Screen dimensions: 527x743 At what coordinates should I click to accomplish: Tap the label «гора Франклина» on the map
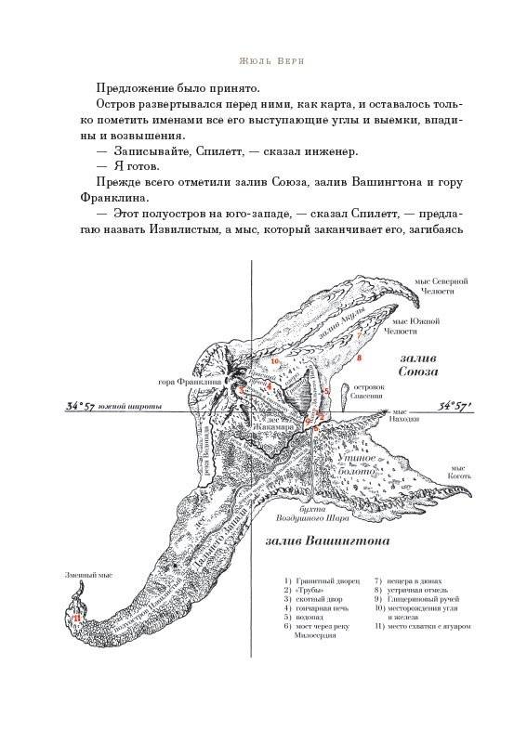coord(190,382)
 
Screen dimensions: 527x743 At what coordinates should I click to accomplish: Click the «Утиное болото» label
coord(356,465)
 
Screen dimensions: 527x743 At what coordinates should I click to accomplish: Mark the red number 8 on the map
coord(358,357)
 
